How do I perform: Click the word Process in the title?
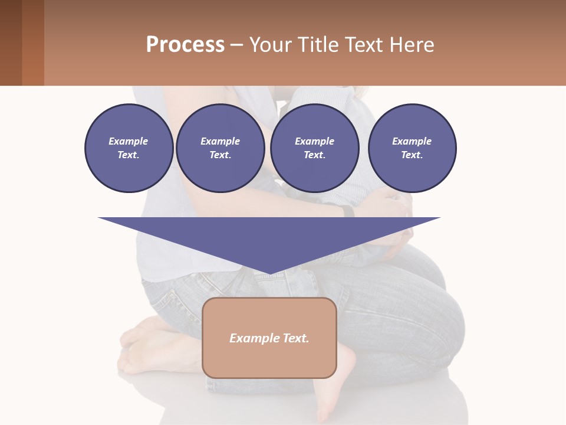pos(185,45)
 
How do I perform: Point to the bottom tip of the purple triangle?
pos(269,272)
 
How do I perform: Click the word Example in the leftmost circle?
pos(129,141)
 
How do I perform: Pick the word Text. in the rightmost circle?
pos(412,155)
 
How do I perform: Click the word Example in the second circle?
pos(220,141)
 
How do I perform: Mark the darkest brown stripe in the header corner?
pos(11,42)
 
